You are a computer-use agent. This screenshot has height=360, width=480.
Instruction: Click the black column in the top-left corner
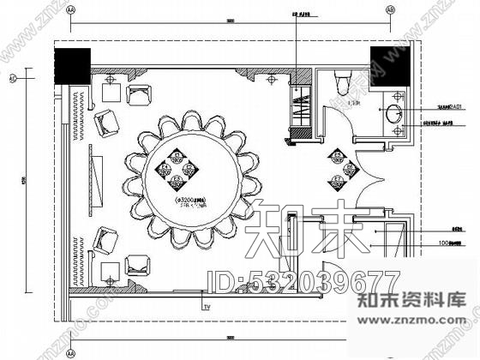[72, 62]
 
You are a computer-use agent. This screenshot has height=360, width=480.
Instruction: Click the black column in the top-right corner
[387, 60]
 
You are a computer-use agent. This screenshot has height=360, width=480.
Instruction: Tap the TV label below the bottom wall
[206, 305]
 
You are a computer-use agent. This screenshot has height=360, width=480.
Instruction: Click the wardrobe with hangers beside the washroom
[298, 106]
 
